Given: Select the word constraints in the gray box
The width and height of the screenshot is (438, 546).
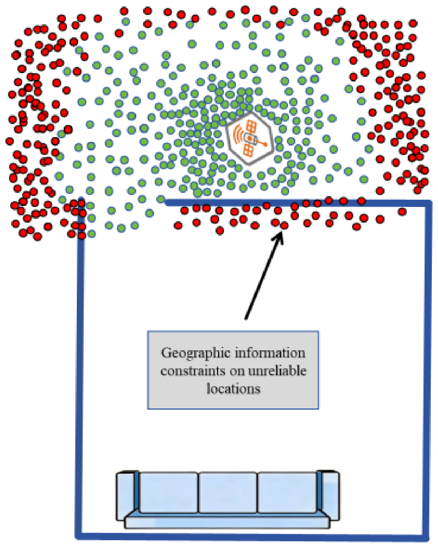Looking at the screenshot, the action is [x=193, y=371].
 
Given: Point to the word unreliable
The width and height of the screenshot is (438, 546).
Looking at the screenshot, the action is [x=278, y=371].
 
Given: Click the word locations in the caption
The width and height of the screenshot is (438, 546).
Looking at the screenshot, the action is [x=233, y=388].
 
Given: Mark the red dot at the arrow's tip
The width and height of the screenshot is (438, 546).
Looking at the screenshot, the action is [x=284, y=225].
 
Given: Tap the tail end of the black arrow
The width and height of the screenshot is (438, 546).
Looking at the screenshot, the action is [x=246, y=319].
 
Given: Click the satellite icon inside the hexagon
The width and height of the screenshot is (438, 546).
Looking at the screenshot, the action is [x=250, y=138].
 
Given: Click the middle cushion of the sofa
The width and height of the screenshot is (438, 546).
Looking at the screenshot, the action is [x=228, y=492].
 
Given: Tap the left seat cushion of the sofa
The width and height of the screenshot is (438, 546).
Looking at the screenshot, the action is [x=169, y=492].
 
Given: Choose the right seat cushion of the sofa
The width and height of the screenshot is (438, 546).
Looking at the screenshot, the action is [x=287, y=492].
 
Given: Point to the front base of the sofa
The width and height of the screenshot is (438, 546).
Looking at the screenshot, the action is [x=227, y=522].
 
